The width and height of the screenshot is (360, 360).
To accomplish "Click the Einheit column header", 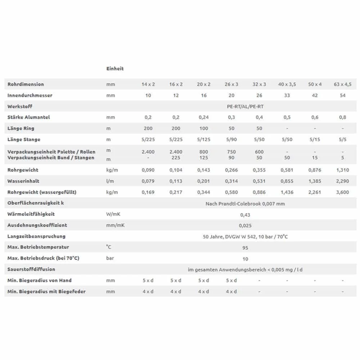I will click(x=115, y=68).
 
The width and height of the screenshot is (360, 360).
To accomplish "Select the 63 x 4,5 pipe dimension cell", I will click(x=342, y=84).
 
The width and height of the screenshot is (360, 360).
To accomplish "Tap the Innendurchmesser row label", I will click(x=30, y=95).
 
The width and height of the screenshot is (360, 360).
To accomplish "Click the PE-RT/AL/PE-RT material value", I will click(x=245, y=107).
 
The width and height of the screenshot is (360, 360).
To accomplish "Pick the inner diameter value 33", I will click(x=287, y=95).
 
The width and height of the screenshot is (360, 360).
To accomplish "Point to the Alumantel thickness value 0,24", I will click(x=203, y=117).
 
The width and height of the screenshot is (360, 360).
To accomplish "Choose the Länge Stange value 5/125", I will click(x=203, y=139).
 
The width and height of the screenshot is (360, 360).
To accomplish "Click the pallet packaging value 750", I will click(x=231, y=152).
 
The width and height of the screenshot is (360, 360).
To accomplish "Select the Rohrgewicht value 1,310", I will click(x=342, y=170).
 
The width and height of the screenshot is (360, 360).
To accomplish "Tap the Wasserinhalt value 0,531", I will click(x=259, y=181).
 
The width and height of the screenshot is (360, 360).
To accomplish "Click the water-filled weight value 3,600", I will click(x=342, y=192).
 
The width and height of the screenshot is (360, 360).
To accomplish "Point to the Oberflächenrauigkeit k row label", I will click(x=36, y=203).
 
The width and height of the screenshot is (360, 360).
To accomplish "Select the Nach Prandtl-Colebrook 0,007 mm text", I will click(x=245, y=204).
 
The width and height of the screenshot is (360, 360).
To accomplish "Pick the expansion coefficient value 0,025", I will click(x=245, y=226).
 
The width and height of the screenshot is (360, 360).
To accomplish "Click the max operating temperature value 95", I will click(x=245, y=248).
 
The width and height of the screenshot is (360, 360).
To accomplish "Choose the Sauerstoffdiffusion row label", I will click(x=31, y=269).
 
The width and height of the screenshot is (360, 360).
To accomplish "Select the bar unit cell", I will click(x=110, y=258).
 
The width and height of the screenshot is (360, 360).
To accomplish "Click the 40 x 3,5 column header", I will click(x=287, y=84).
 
